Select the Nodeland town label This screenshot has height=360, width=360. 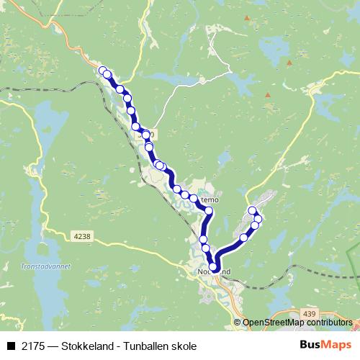(x=214, y=272)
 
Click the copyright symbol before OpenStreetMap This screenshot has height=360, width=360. (x=237, y=323)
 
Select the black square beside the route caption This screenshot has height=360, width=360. (x=11, y=346)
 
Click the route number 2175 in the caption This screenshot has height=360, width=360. (x=32, y=346)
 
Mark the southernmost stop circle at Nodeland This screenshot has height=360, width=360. (x=213, y=268)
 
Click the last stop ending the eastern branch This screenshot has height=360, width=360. (x=253, y=210)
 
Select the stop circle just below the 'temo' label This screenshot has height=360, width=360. (x=209, y=211)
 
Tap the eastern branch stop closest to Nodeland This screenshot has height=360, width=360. (x=243, y=237)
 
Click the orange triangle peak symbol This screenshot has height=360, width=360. (x=267, y=95)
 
